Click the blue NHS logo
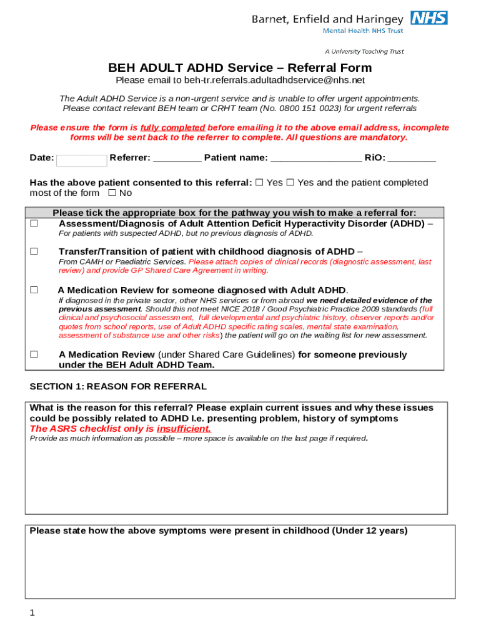point(429,17)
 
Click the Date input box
point(81,160)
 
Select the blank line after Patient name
point(316,159)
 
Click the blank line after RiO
point(412,159)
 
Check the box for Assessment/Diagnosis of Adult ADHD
point(34,223)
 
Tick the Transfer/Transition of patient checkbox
point(34,251)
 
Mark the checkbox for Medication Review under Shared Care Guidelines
point(34,354)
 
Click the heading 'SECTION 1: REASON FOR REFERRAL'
point(118,386)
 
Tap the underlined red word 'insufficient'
point(183,429)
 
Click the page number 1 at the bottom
point(32,613)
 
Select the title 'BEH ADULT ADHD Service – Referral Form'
point(240,67)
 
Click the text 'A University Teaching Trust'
point(364,51)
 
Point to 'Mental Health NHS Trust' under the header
point(362,31)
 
